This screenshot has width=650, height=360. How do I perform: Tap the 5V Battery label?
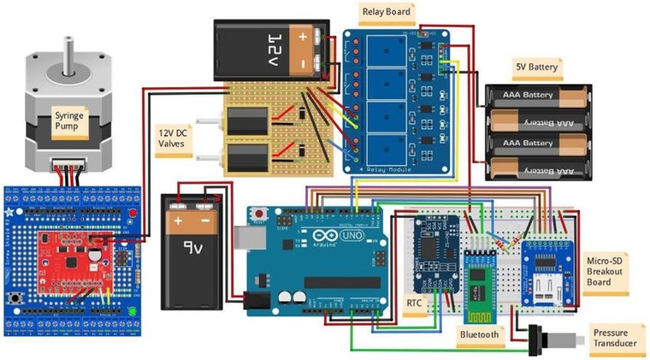pyautogui.click(x=536, y=66)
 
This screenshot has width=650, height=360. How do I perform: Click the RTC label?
pyautogui.click(x=414, y=303)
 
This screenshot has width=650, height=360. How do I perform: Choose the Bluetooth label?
pyautogui.click(x=479, y=334)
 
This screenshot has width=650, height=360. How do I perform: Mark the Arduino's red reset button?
pyautogui.click(x=257, y=211)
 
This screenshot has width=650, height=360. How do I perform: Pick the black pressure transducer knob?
pyautogui.click(x=539, y=339)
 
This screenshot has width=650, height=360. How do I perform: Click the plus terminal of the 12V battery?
pyautogui.click(x=304, y=37)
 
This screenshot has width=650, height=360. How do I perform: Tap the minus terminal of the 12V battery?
pyautogui.click(x=304, y=64)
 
